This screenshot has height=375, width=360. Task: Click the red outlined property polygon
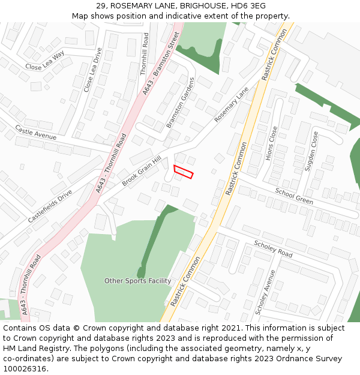click(x=183, y=172)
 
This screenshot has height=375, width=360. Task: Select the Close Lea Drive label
click(x=93, y=70)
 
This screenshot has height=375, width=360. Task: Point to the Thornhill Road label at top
click(x=144, y=54)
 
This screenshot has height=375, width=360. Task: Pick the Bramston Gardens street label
click(x=181, y=103)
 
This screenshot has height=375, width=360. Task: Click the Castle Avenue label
click(x=35, y=133)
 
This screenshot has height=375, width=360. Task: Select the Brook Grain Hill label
click(x=142, y=171)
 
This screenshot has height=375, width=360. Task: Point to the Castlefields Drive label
click(x=50, y=206)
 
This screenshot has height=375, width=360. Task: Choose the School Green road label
click(x=294, y=196)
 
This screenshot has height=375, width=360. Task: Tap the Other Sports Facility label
click(x=137, y=281)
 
